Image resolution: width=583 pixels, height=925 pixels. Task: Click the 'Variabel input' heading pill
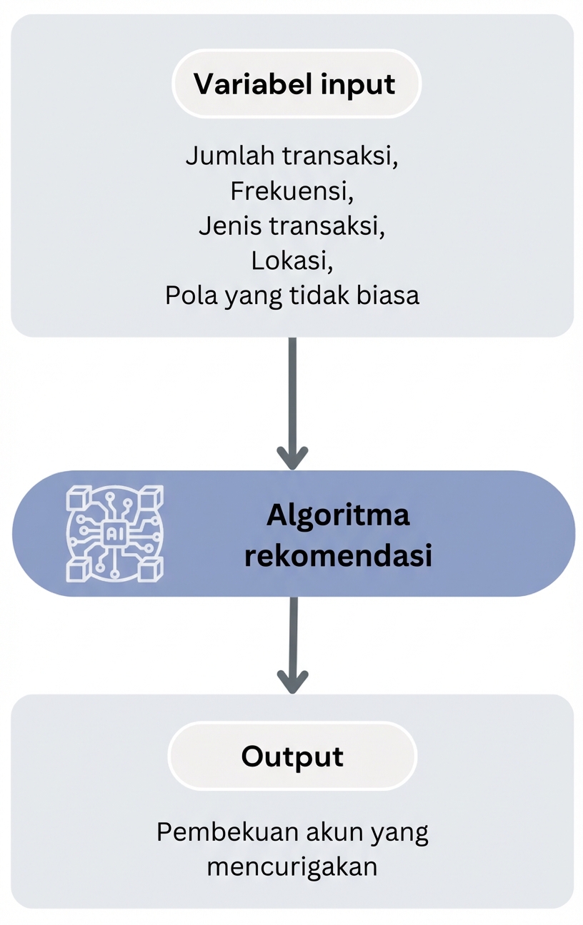point(296,84)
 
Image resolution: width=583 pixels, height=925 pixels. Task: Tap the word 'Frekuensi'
point(291,191)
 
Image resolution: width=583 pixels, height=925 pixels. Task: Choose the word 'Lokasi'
point(291,261)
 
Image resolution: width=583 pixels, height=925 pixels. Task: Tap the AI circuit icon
point(114,533)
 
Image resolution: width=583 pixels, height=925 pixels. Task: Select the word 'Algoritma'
point(338,515)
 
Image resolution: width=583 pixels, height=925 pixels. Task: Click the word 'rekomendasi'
point(338,556)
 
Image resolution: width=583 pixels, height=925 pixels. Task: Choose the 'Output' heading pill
point(292,757)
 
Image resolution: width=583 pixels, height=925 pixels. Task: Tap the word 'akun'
point(336,832)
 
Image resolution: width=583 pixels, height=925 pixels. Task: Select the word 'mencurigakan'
point(291,867)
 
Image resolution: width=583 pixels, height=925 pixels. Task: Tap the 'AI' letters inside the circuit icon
point(114,533)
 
